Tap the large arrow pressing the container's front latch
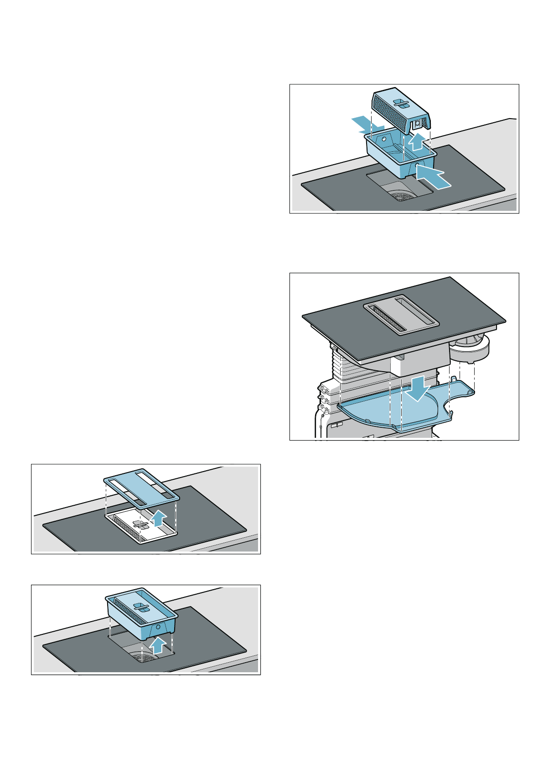tap(433, 177)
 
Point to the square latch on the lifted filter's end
tap(416, 124)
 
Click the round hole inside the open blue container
tap(384, 139)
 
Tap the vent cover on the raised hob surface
tap(401, 313)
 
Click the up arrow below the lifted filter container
tap(158, 646)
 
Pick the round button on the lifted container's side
tap(157, 627)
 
